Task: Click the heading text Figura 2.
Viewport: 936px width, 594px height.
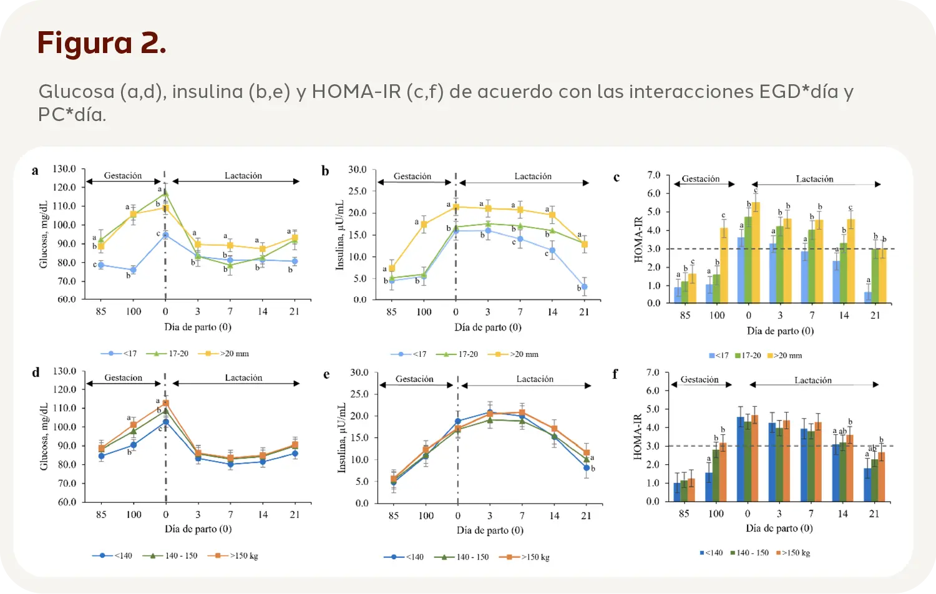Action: [x=102, y=43]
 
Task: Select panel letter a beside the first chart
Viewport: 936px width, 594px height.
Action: [x=35, y=170]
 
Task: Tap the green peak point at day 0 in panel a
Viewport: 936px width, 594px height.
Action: [x=165, y=193]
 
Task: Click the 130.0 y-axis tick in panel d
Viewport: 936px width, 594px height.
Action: [x=64, y=371]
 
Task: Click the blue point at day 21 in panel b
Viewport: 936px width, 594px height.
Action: [x=584, y=287]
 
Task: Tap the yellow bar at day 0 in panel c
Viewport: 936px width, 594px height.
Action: [x=756, y=253]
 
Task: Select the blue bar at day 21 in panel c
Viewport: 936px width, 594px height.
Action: [x=868, y=297]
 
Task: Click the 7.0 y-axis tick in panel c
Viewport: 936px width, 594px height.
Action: [x=653, y=175]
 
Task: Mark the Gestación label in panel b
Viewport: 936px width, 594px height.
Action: [x=412, y=177]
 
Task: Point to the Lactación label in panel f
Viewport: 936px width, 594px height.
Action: [x=812, y=380]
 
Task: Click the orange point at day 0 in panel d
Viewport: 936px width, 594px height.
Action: [x=166, y=403]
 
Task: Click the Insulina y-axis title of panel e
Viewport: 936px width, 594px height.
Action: [x=342, y=438]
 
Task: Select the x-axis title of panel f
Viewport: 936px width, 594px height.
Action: [x=779, y=528]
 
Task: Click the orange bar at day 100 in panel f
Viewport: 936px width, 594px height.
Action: [x=723, y=472]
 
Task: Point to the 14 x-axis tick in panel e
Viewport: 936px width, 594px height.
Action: [x=554, y=516]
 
